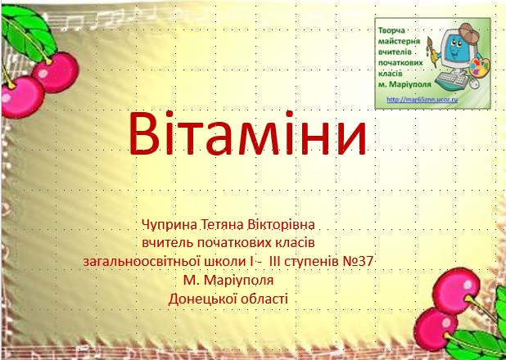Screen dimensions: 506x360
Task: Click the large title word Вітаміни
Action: click(x=247, y=133)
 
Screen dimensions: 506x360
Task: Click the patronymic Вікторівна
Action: click(x=281, y=224)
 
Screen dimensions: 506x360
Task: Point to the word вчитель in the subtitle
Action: click(x=167, y=243)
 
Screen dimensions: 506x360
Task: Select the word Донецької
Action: click(x=198, y=299)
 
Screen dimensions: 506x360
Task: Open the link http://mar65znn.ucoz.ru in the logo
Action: click(x=422, y=100)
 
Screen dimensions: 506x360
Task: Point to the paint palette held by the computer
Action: click(x=480, y=67)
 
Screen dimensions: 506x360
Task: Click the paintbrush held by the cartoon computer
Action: click(x=431, y=51)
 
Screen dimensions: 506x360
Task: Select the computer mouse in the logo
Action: click(x=475, y=83)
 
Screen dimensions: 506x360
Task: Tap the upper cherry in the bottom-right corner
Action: click(x=456, y=286)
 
